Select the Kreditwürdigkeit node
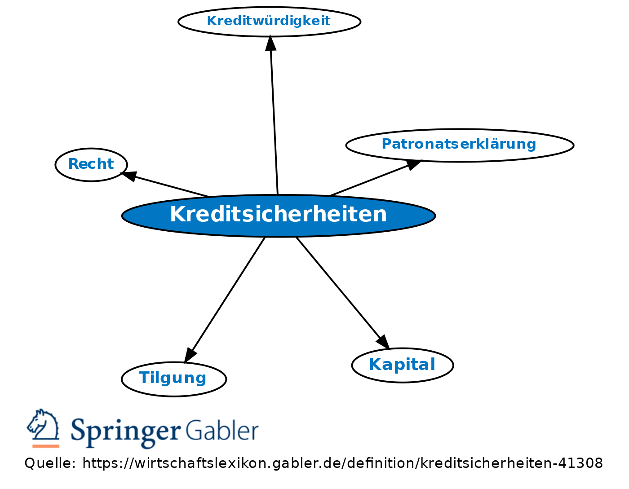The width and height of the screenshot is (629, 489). (269, 21)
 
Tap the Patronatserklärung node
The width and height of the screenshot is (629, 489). (459, 145)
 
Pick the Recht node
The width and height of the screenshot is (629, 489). (91, 164)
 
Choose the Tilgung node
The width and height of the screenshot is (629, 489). (173, 379)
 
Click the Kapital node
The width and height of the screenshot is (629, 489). (402, 365)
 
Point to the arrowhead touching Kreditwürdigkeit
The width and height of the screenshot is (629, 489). (270, 43)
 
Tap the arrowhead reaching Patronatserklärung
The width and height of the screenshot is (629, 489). (413, 164)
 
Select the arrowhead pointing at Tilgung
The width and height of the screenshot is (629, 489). (190, 354)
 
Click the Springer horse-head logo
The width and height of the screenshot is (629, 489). (43, 425)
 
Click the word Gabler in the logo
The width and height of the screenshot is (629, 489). (221, 430)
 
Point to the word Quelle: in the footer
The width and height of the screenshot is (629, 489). (50, 463)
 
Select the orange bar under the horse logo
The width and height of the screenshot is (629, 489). (46, 446)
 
